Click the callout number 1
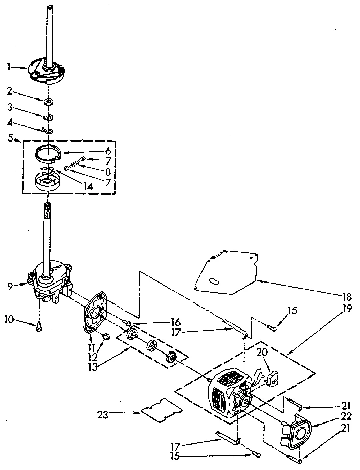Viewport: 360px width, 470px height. click(x=9, y=66)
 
